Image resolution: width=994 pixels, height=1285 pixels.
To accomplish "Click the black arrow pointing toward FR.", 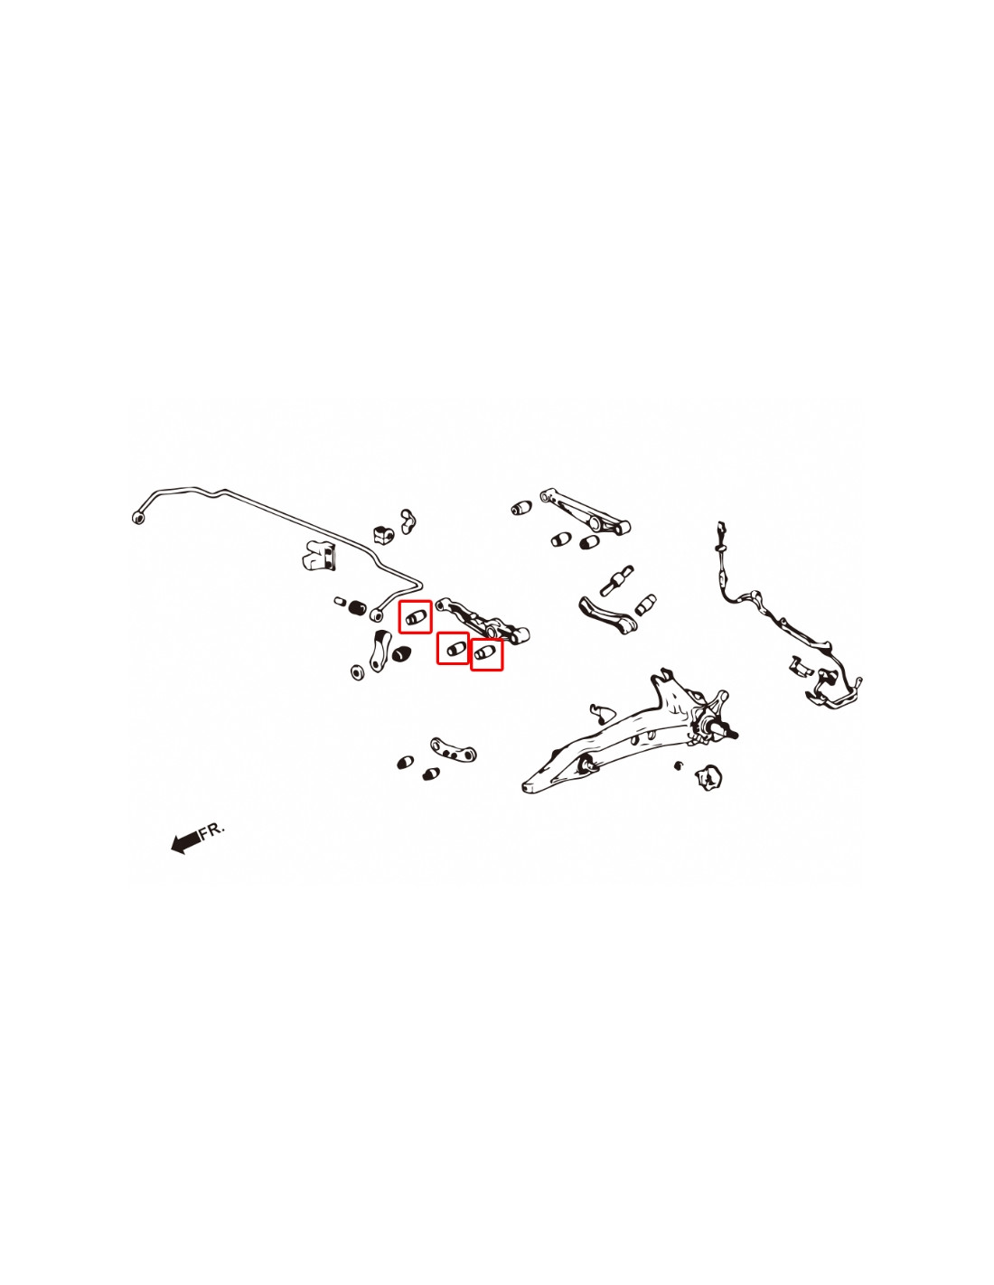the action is point(184,841).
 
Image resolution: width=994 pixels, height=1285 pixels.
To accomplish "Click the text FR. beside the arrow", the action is point(212,830).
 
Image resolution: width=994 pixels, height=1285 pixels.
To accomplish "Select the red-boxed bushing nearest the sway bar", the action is point(415,617).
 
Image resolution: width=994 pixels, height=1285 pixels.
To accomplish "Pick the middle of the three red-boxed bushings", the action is point(453,648).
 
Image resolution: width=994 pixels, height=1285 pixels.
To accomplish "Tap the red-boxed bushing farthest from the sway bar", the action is point(487,654).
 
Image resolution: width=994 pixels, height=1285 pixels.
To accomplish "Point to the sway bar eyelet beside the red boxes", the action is point(376,615).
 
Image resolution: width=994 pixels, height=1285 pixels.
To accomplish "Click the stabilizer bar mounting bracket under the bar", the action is point(318,555).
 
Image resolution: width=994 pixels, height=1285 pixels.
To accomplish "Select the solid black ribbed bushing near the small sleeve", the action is point(356,606).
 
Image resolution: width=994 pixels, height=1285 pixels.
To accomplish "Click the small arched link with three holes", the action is point(454,750).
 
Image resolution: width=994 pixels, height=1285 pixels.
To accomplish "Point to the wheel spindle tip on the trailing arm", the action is point(733,735).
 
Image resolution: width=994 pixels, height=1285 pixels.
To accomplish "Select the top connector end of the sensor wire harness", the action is point(721,528).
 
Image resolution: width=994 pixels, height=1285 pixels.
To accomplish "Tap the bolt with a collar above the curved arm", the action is point(617,579).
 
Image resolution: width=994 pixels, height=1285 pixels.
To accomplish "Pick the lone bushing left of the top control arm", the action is point(521,507).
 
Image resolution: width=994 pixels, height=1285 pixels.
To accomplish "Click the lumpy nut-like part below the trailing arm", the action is point(708,778).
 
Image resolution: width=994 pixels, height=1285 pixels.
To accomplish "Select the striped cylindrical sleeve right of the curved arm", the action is point(645,604).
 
